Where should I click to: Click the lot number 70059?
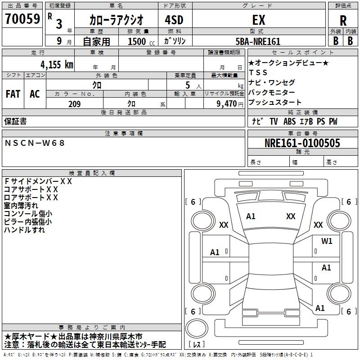tap(22, 19)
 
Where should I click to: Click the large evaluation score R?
tap(343, 21)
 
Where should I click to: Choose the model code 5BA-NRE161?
tap(258, 41)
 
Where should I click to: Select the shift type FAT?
tap(13, 94)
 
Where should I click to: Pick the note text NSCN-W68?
tap(35, 143)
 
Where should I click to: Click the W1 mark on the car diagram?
tap(327, 241)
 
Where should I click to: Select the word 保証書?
tap(15, 121)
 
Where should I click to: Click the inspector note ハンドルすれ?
tap(25, 229)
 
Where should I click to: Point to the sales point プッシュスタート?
tap(274, 103)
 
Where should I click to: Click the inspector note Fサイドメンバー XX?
tap(38, 181)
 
